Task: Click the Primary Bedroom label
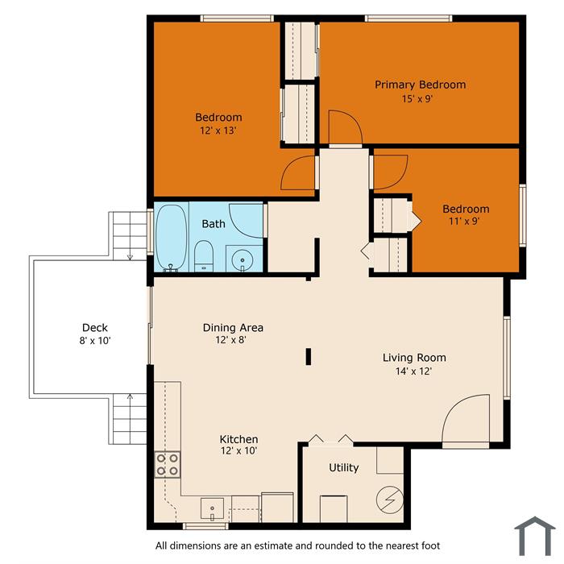point(420,85)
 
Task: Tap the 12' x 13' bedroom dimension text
point(218,131)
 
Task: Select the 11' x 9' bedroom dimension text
point(464,221)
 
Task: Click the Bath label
point(214,224)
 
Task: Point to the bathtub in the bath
point(171,238)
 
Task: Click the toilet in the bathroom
point(204,256)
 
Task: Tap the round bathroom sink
point(242,259)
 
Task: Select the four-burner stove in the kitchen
point(168,465)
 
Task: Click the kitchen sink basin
point(212,508)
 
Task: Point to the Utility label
point(344,467)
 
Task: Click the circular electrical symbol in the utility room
point(390,500)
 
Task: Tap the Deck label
point(95,328)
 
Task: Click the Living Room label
point(414,358)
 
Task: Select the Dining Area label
point(233,328)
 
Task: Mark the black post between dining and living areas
point(309,356)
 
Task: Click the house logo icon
point(535,536)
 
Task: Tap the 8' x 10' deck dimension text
point(95,341)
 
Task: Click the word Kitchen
point(238,439)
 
